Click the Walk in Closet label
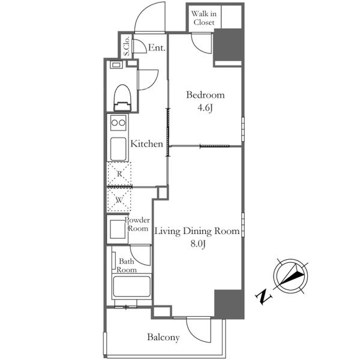pyautogui.click(x=203, y=18)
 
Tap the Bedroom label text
pyautogui.click(x=205, y=95)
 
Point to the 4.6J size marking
pyautogui.click(x=205, y=108)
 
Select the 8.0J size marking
pyautogui.click(x=198, y=244)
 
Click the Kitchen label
pyautogui.click(x=147, y=144)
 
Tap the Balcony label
pyautogui.click(x=163, y=337)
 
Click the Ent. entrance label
pyautogui.click(x=157, y=48)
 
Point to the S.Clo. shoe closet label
pyautogui.click(x=126, y=47)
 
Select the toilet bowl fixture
pyautogui.click(x=122, y=98)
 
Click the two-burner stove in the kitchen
pyautogui.click(x=118, y=122)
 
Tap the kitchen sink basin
pyautogui.click(x=118, y=149)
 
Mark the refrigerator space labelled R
pyautogui.click(x=119, y=173)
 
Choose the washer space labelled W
pyautogui.click(x=119, y=200)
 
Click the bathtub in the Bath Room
pyautogui.click(x=131, y=287)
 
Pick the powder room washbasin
pyautogui.click(x=118, y=229)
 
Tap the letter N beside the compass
pyautogui.click(x=263, y=297)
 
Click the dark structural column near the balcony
pyautogui.click(x=229, y=304)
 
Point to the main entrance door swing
pyautogui.click(x=149, y=17)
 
